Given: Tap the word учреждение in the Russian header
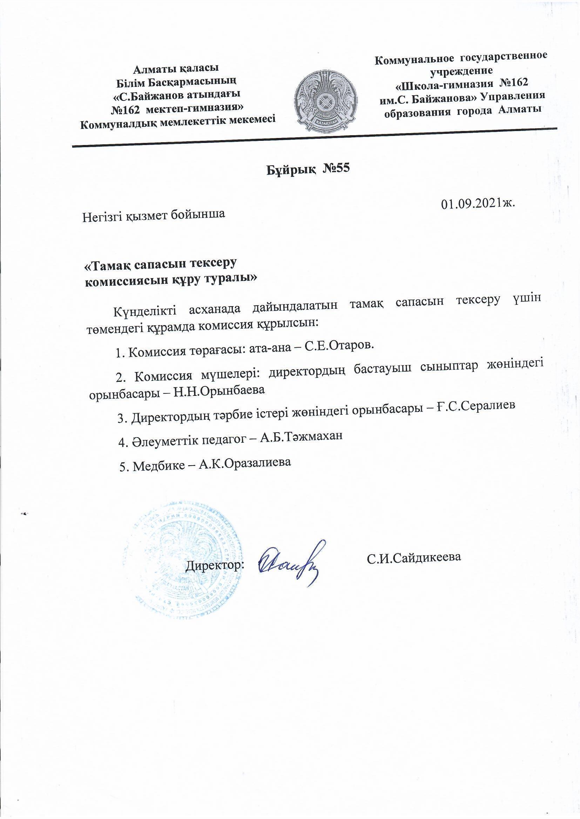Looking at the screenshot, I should [x=461, y=71].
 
